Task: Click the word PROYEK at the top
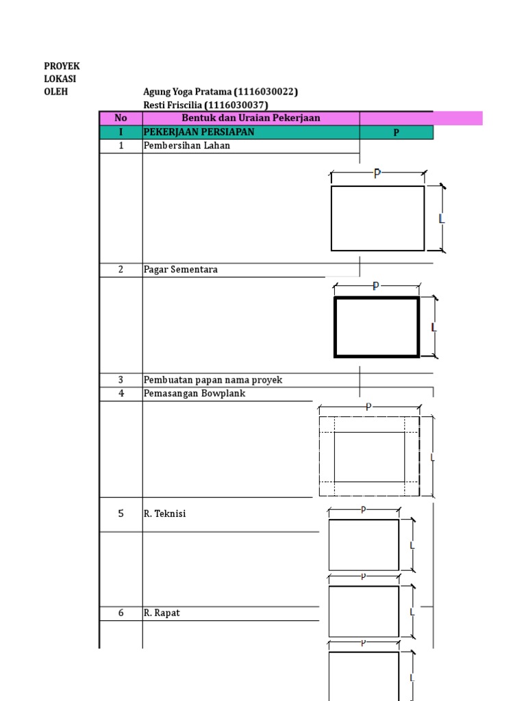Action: click(62, 66)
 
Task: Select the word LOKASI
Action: click(61, 79)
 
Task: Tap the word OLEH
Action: click(56, 92)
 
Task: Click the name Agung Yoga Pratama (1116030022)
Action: click(221, 92)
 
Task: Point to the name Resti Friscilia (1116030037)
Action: click(205, 105)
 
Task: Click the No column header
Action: click(121, 118)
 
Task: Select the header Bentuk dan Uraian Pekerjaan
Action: click(251, 118)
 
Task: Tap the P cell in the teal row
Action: click(396, 133)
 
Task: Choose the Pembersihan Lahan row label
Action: click(186, 146)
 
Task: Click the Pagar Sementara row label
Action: click(180, 270)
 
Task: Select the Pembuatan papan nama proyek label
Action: click(212, 380)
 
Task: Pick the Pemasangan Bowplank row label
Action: click(194, 394)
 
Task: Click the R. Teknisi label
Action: click(164, 514)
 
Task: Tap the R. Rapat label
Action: click(162, 613)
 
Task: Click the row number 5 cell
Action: click(121, 513)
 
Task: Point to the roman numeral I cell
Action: click(121, 132)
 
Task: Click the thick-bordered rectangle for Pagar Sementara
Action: click(377, 327)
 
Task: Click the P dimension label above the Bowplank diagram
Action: click(368, 407)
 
